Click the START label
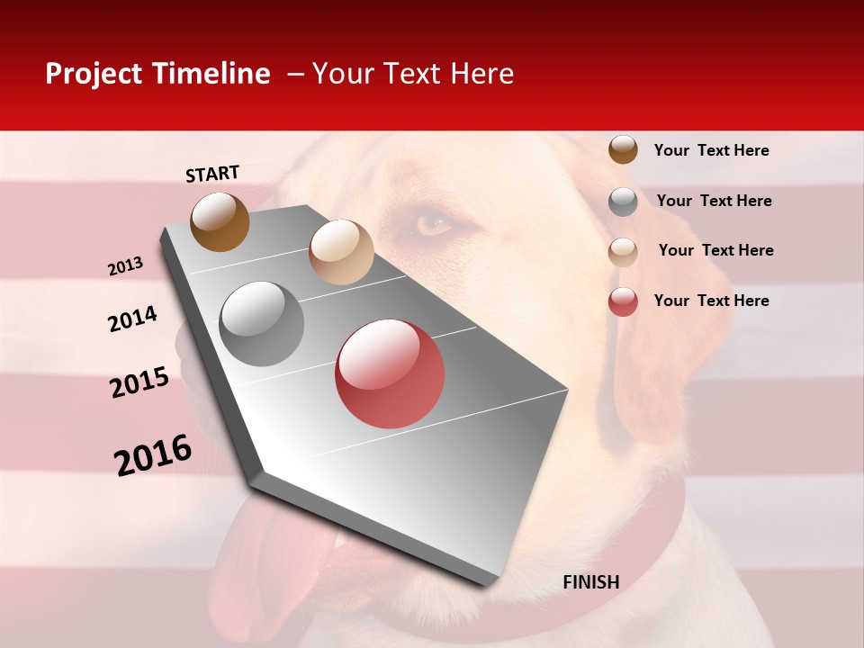pyautogui.click(x=212, y=174)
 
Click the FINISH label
pyautogui.click(x=590, y=582)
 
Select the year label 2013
pyautogui.click(x=125, y=266)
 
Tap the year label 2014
pyautogui.click(x=132, y=319)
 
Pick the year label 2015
pyautogui.click(x=139, y=382)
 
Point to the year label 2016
pyautogui.click(x=153, y=455)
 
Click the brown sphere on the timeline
pyautogui.click(x=220, y=221)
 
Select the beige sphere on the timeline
pyautogui.click(x=341, y=252)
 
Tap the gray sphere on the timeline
pyautogui.click(x=262, y=324)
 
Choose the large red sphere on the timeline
pyautogui.click(x=390, y=373)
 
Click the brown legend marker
pyautogui.click(x=623, y=149)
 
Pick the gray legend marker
pyautogui.click(x=623, y=201)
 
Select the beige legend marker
pyautogui.click(x=623, y=251)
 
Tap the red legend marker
pyautogui.click(x=623, y=301)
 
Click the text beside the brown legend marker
pyautogui.click(x=711, y=150)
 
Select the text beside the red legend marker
pyautogui.click(x=711, y=301)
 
